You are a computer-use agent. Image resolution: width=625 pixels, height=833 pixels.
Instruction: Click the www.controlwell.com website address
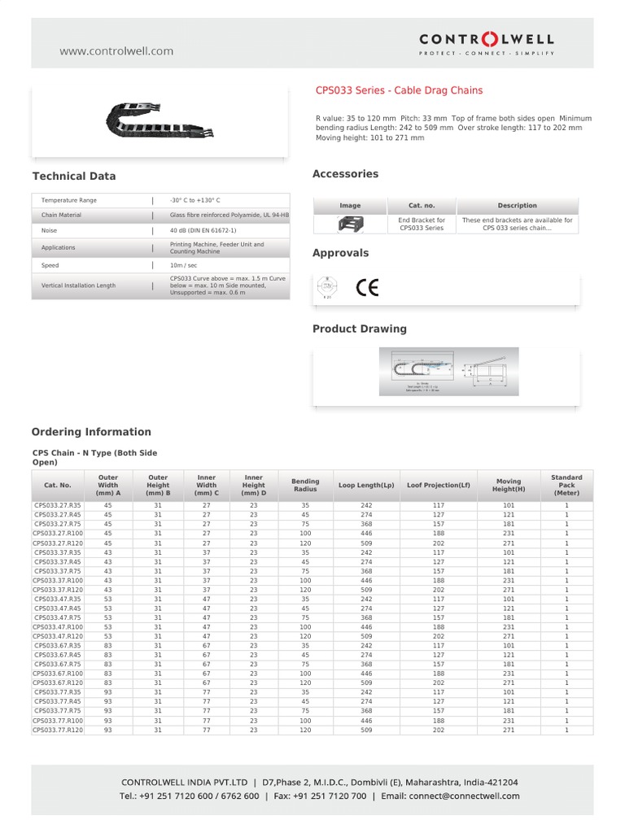point(116,50)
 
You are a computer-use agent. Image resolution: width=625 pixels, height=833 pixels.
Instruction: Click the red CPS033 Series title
point(398,91)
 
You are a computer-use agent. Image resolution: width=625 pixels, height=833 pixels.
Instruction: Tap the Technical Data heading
point(74,176)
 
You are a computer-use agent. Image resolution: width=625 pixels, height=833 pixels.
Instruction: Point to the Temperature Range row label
point(69,200)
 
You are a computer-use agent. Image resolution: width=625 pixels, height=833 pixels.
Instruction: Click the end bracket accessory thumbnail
point(350,224)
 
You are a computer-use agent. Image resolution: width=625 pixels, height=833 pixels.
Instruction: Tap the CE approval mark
point(367,288)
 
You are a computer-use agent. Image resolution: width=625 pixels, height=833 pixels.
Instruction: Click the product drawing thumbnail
point(447,372)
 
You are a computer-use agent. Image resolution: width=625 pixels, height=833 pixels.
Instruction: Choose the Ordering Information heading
point(91,432)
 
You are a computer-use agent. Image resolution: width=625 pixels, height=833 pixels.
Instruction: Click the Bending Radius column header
point(305,485)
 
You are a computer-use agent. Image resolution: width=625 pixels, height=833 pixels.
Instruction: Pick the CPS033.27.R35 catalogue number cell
point(58,505)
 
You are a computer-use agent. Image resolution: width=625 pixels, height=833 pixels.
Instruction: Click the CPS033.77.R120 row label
point(58,731)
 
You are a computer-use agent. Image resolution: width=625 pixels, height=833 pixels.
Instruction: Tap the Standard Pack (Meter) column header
point(566,485)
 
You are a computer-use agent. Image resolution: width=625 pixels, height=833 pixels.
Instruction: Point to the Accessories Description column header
point(518,206)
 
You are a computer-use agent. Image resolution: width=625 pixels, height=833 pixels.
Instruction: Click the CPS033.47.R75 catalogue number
point(58,617)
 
